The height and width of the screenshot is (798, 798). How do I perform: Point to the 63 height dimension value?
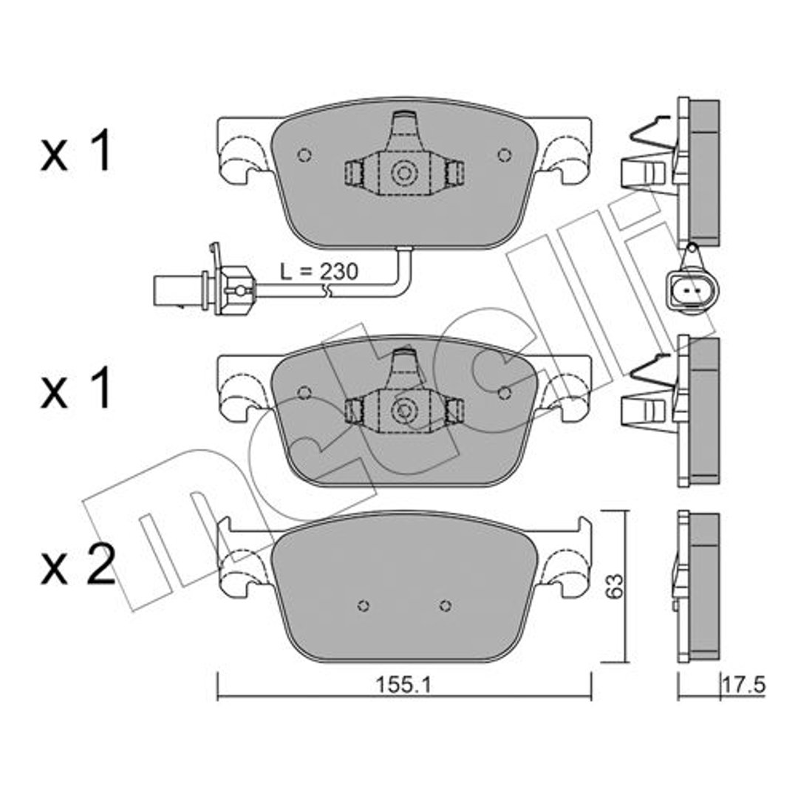coord(615,586)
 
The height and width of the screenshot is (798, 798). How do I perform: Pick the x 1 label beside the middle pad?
coord(76,389)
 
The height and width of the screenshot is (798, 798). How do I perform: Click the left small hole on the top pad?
coord(304,154)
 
